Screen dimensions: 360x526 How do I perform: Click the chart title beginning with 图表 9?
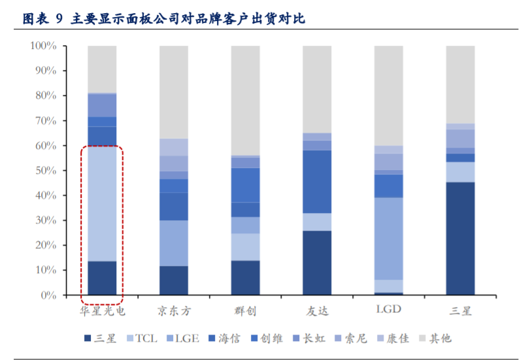pyautogui.click(x=163, y=19)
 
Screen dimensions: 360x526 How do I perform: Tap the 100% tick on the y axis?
pyautogui.click(x=44, y=46)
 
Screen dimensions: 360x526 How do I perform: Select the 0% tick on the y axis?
pyautogui.click(x=50, y=295)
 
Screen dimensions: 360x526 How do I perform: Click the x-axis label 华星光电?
pyautogui.click(x=102, y=310)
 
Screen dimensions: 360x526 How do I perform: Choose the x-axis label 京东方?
pyautogui.click(x=174, y=310)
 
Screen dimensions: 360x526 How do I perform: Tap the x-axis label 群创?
pyautogui.click(x=245, y=310)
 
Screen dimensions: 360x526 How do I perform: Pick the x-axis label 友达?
pyautogui.click(x=317, y=310)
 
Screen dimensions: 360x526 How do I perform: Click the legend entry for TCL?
pyautogui.click(x=145, y=338)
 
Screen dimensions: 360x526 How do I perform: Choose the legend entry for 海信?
pyautogui.click(x=238, y=338)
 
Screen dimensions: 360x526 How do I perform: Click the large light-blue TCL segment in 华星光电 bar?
pyautogui.click(x=102, y=203)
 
